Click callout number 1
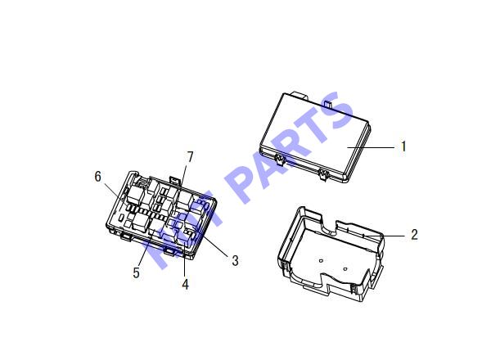coord(403,146)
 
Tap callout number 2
coord(414,235)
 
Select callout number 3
coord(235,260)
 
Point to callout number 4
coord(186,284)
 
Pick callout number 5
coord(136,272)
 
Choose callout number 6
coord(98,177)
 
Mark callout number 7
coord(190,157)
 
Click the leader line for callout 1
coord(371,147)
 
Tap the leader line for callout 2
coord(385,236)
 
